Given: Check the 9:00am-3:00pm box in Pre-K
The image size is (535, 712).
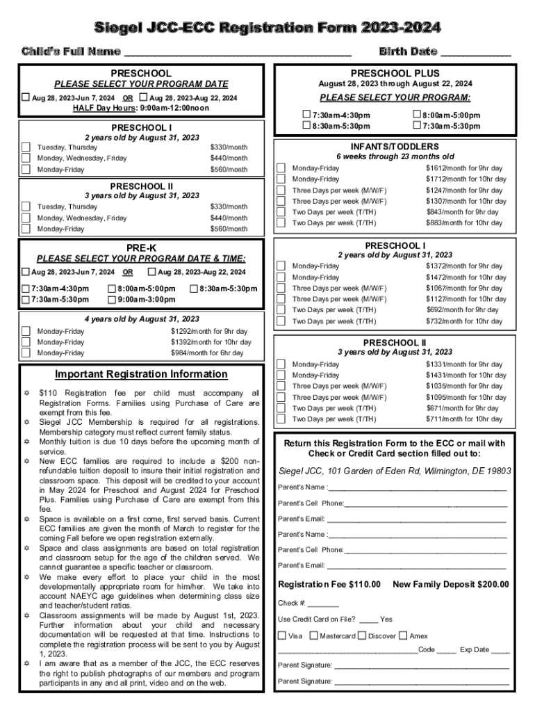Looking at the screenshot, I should click(x=112, y=300).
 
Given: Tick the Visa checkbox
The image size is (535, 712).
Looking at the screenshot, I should click(x=281, y=636).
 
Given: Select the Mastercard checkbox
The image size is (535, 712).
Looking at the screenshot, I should click(x=314, y=636).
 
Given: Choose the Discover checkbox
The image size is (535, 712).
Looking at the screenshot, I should click(x=362, y=636).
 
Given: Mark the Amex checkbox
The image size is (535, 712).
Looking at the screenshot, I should click(x=404, y=636).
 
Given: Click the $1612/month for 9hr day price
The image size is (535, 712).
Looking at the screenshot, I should click(x=463, y=168).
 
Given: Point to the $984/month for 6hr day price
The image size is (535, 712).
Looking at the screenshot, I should click(x=207, y=353).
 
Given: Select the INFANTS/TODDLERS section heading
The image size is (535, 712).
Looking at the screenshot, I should click(x=394, y=147).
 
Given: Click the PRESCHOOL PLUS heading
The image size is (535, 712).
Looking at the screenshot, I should click(x=395, y=73).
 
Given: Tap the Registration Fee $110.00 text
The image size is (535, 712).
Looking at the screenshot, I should click(x=329, y=584).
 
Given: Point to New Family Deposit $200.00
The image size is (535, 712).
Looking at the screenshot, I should click(x=450, y=584).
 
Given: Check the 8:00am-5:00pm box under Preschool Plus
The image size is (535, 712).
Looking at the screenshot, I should click(x=417, y=115).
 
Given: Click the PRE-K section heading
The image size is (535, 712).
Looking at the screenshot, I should click(x=141, y=247).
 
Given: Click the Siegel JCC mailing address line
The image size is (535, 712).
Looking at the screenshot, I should click(x=394, y=471).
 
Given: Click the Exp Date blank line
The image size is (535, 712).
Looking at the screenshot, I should click(x=500, y=652).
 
